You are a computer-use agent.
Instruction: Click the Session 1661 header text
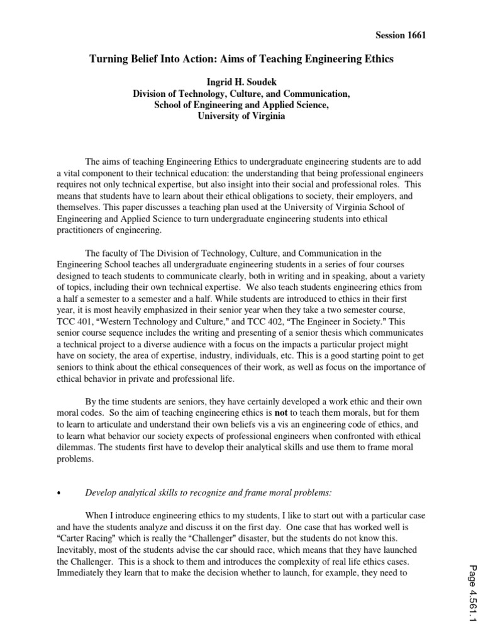[400, 36]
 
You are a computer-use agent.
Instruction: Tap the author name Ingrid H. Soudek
[241, 82]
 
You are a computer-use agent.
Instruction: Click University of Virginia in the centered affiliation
[241, 116]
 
